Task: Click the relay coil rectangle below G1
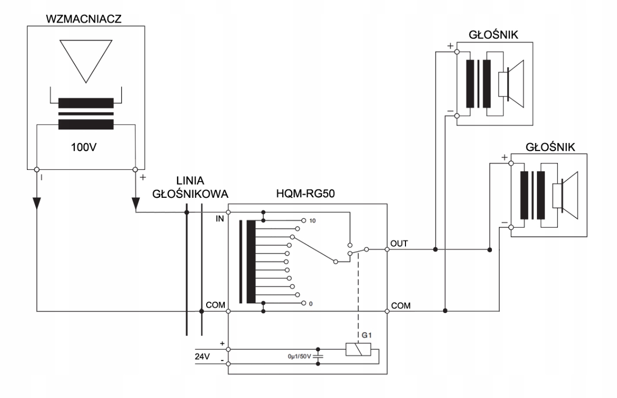(358, 349)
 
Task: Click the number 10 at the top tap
(312, 221)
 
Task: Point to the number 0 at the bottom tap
(310, 304)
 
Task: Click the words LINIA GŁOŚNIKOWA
(191, 186)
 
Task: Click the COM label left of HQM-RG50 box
(215, 306)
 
